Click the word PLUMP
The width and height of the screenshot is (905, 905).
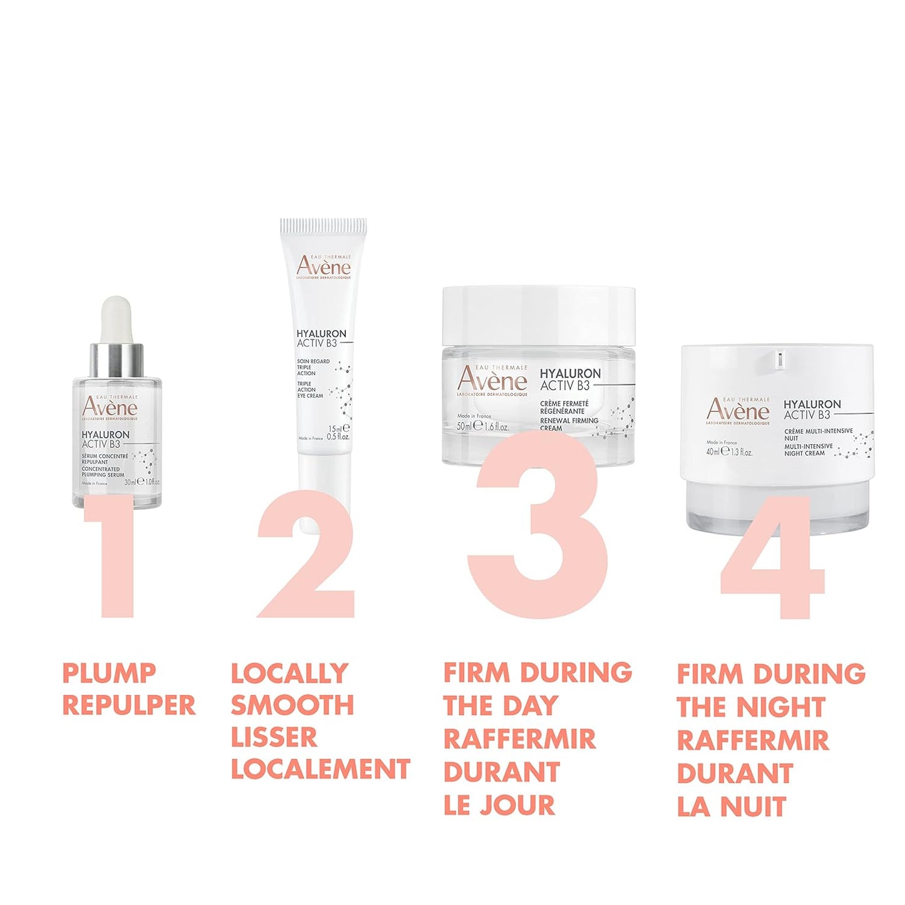pos(109,673)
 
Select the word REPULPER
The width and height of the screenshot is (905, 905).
pos(129,705)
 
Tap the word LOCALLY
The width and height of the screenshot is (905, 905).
pos(289,673)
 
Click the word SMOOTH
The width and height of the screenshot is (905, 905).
pos(292,705)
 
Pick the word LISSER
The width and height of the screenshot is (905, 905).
pos(274,737)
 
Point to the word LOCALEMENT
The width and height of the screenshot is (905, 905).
pos(321,769)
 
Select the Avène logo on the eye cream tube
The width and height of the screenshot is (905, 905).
pos(324,266)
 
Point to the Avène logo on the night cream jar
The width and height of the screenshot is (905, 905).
pos(738,410)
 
